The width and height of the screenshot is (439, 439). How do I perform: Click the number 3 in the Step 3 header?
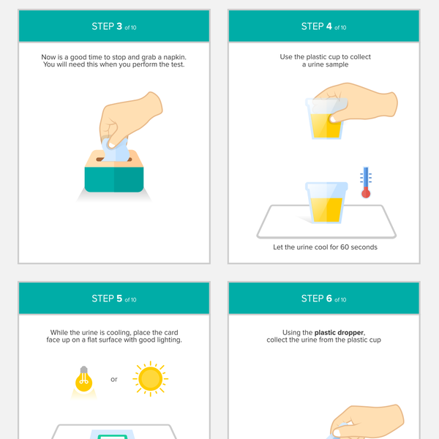119,26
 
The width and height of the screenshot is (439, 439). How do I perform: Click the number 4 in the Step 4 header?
329,26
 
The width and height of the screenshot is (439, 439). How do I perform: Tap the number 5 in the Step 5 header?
119,299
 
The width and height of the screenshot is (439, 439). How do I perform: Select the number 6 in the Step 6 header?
329,299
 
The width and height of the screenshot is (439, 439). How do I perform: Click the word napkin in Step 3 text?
174,57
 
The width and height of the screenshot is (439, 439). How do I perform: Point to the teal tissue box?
114,171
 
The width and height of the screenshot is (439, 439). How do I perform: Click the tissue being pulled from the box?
116,150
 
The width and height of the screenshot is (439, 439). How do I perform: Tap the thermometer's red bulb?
366,193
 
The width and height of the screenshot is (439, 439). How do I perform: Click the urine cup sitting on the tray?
326,203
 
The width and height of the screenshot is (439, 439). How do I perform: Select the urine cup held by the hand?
326,119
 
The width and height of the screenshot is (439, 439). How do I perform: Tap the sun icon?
150,379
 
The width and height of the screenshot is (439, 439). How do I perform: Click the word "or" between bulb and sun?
114,379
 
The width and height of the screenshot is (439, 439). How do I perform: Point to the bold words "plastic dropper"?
339,333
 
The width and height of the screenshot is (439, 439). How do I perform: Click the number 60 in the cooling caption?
345,247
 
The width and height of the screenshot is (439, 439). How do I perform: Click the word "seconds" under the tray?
364,247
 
